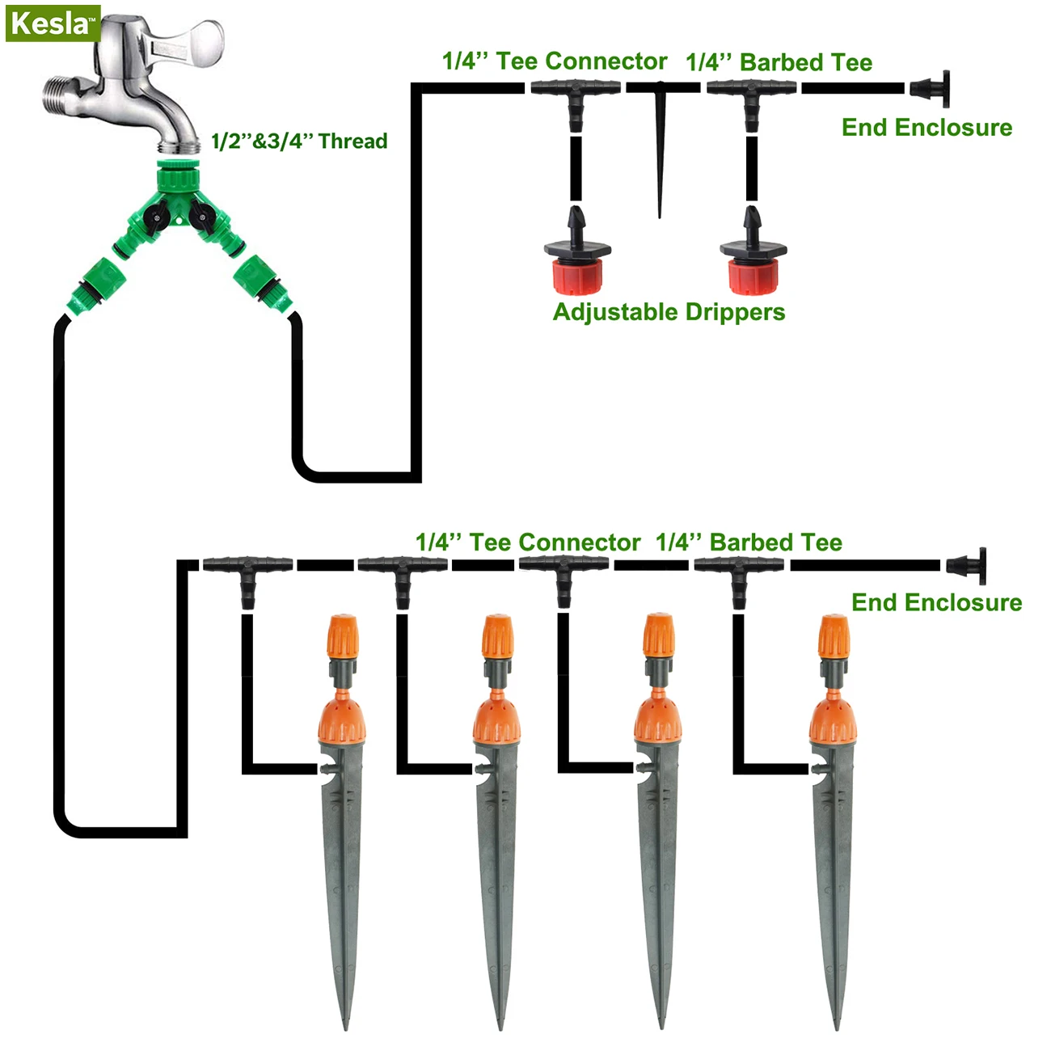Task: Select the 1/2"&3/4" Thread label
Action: click(x=299, y=141)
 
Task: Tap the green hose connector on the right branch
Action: click(x=264, y=285)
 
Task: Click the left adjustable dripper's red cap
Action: click(x=576, y=275)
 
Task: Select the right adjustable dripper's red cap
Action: click(x=753, y=275)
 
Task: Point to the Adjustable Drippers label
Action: click(x=669, y=312)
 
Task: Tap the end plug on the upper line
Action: click(x=932, y=87)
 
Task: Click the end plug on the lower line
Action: click(x=969, y=565)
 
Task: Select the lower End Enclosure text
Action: click(x=936, y=602)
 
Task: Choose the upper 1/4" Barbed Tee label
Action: click(x=779, y=62)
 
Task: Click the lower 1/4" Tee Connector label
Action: click(x=527, y=542)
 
